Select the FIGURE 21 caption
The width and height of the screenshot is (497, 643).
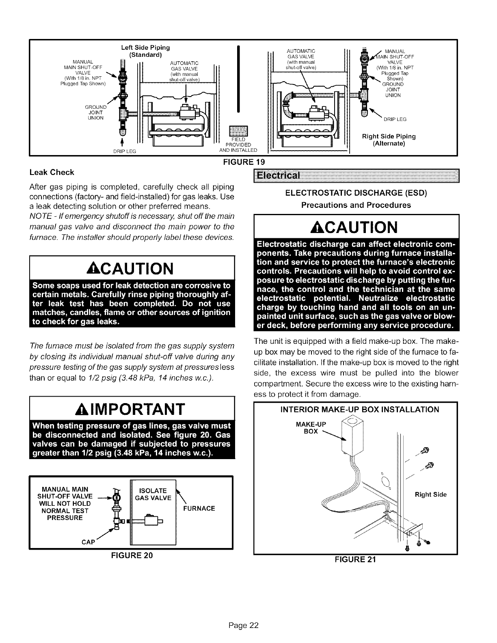coord(355,559)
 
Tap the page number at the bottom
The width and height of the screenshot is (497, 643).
coord(248,625)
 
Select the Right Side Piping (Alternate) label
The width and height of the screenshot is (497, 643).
coord(389,140)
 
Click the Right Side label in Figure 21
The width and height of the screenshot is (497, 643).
coord(430,494)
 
